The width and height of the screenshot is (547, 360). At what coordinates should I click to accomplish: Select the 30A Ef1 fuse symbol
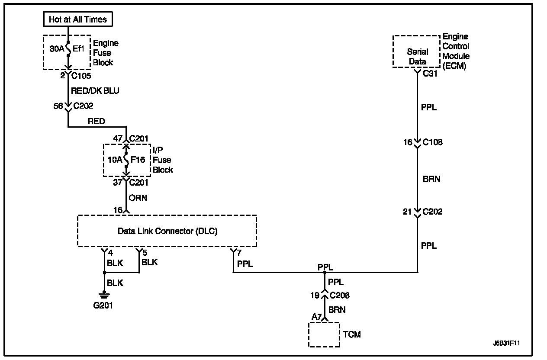pos(68,48)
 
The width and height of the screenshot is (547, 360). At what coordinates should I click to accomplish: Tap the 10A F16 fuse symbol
pos(126,160)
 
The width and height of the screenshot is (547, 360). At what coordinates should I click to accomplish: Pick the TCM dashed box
pos(324,334)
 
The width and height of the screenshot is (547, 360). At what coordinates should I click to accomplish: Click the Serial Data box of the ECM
pos(417,56)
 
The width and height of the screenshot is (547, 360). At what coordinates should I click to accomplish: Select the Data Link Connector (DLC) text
pos(167,231)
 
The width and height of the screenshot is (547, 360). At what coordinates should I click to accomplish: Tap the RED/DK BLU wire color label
pos(94,91)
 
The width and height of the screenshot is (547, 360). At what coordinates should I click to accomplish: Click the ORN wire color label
pos(138,198)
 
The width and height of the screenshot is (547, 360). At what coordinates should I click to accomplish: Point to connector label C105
pos(80,76)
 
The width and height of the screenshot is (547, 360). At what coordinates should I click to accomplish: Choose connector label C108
pos(432,142)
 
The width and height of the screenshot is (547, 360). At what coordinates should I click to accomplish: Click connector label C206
pos(340,296)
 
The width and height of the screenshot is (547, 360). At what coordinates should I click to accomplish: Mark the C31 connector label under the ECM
pos(430,74)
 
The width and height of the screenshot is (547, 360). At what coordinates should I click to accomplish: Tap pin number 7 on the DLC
pos(239,253)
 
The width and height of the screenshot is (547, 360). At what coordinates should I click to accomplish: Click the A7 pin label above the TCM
pos(316,317)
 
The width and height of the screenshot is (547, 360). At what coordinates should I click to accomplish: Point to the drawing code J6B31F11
pos(506,343)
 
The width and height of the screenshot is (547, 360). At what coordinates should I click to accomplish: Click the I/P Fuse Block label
pos(163,160)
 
